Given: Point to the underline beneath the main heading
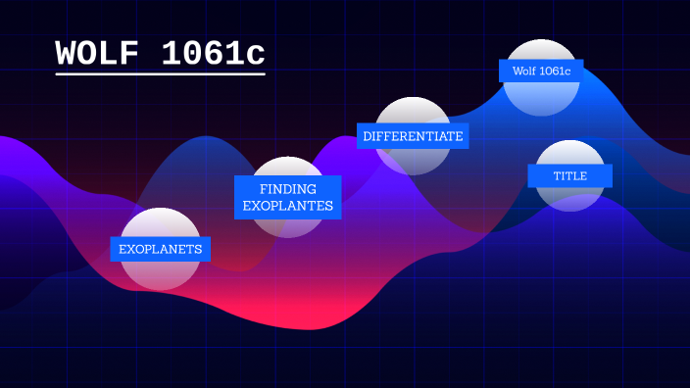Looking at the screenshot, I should [160, 73].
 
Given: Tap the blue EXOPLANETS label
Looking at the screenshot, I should [161, 250].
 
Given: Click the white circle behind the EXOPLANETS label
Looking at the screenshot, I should [160, 273].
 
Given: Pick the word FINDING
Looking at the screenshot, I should [287, 188].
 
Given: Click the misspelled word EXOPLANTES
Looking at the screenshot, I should [287, 206].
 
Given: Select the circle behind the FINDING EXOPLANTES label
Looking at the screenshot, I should [287, 225].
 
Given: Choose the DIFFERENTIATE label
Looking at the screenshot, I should [413, 136].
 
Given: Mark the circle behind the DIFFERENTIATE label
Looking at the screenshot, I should [413, 113].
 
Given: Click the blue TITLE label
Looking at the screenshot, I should [570, 175].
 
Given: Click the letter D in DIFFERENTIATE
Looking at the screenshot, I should [368, 136].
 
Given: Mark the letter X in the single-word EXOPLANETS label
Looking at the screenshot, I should [132, 250].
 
